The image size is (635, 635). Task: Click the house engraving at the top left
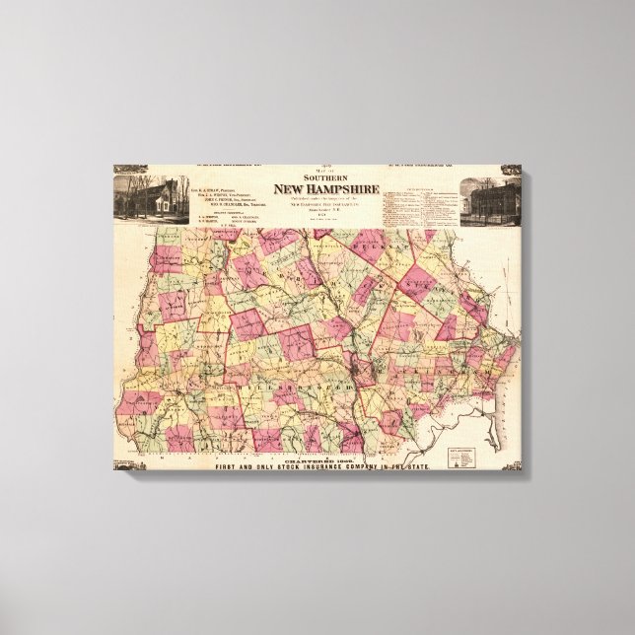[x=145, y=195]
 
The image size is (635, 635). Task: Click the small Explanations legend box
[x=460, y=455]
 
